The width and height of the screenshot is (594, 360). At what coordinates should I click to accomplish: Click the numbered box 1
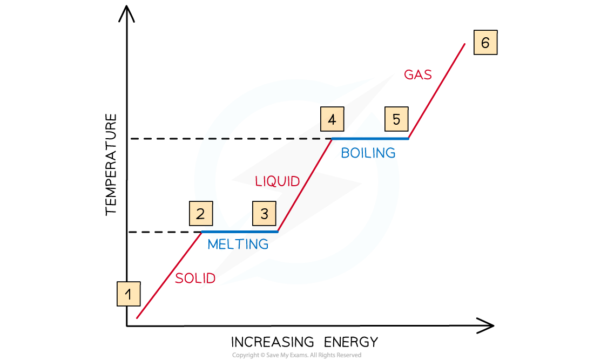point(129,295)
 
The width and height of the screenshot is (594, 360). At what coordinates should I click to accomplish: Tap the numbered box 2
point(201,214)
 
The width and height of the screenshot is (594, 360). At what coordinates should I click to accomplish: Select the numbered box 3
point(264,214)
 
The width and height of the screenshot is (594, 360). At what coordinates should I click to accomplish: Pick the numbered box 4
point(332,120)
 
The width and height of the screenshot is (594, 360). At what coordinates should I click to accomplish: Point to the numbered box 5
point(397,120)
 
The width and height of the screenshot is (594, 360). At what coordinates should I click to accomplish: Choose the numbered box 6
point(485,43)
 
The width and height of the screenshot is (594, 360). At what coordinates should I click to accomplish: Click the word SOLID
point(195,279)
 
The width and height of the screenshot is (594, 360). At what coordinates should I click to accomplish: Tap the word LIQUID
point(277,181)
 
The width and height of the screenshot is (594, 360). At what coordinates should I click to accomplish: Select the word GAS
point(418,75)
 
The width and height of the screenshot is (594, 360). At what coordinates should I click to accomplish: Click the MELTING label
point(238,244)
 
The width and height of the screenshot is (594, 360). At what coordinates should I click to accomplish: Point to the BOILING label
point(368,153)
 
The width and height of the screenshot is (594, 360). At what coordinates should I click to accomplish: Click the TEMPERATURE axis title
point(111,165)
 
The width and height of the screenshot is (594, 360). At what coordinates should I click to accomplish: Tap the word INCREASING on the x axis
point(273,342)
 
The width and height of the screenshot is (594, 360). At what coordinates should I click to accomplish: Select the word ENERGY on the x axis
point(351,342)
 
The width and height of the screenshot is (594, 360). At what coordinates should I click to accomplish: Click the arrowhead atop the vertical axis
point(127,12)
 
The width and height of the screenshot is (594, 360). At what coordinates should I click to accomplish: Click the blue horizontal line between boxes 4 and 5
point(370,139)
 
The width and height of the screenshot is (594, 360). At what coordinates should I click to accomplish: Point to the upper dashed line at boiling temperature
point(216,139)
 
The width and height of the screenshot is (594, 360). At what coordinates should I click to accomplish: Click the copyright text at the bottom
point(296,355)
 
